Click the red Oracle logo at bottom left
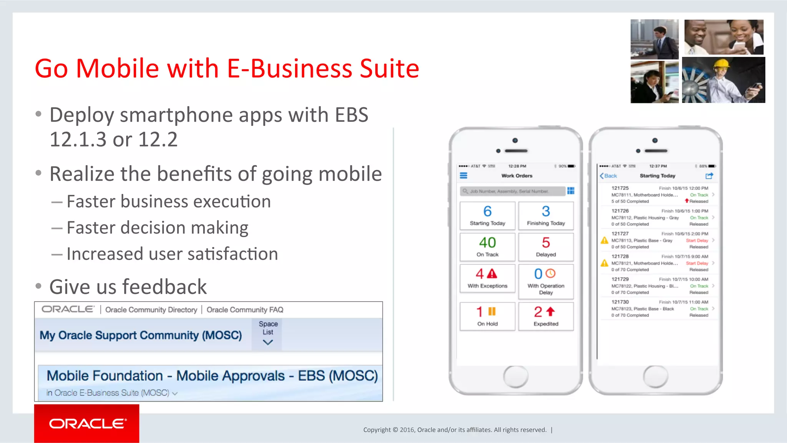[87, 423]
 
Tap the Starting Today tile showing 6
[487, 216]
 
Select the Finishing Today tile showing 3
[546, 216]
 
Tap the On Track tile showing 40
[487, 247]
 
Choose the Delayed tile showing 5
[546, 247]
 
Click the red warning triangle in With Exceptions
[492, 274]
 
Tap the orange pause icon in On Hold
[492, 311]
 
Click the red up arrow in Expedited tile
[551, 311]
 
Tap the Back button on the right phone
[608, 176]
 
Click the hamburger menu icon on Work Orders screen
[464, 176]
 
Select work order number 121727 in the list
[620, 234]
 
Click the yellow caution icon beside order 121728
[604, 263]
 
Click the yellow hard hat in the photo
[721, 63]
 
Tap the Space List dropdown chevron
[268, 342]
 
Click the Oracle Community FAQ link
[245, 310]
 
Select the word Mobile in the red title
[118, 68]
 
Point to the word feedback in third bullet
[165, 287]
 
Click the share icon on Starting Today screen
[709, 176]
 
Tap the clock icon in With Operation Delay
[551, 273]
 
